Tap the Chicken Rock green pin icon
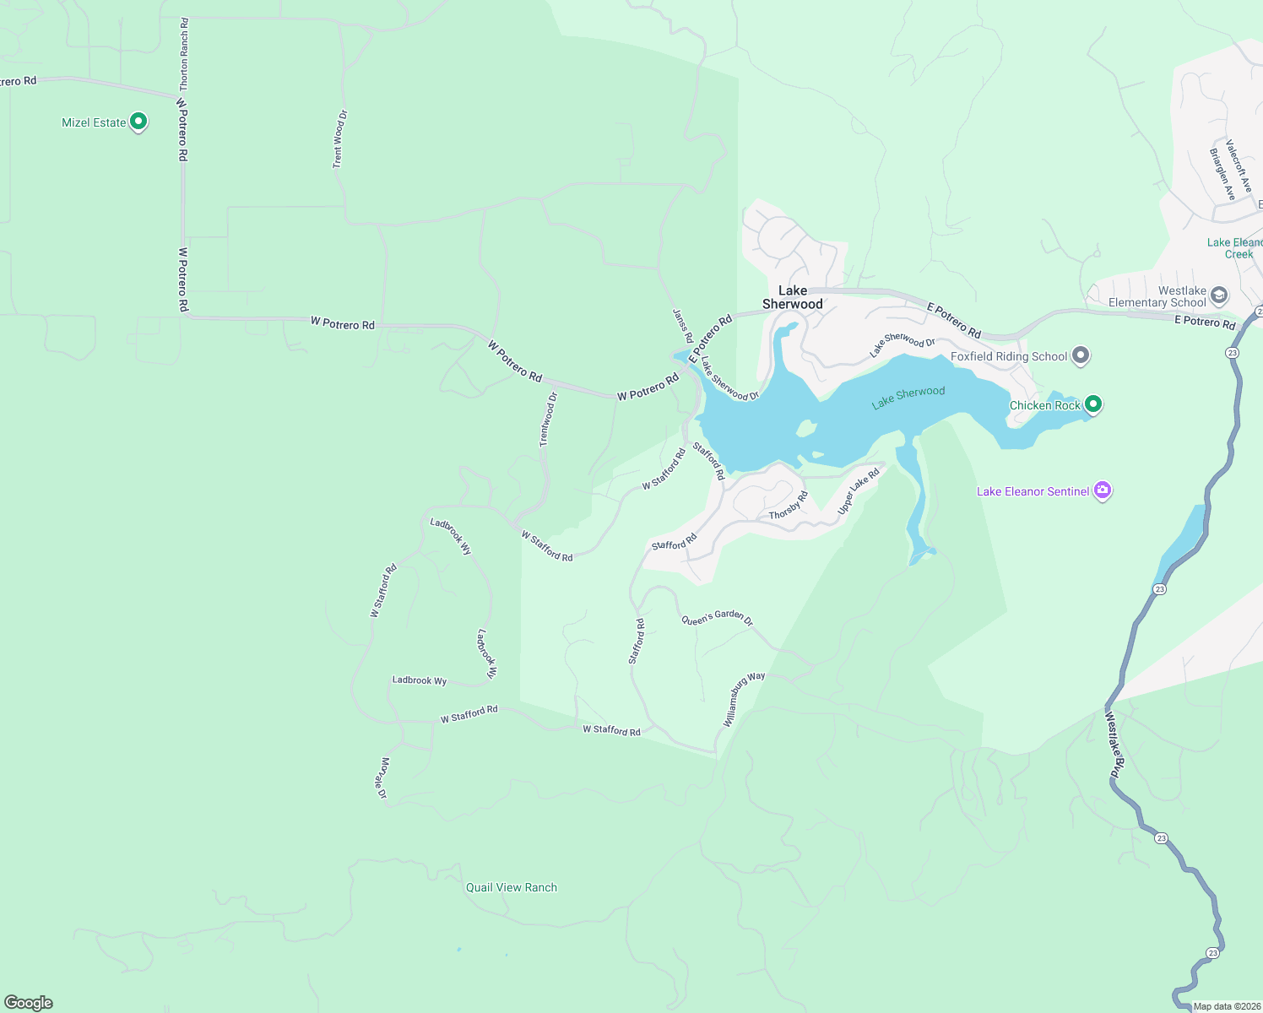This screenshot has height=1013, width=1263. click(1093, 404)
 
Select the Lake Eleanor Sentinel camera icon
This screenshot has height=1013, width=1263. click(1102, 490)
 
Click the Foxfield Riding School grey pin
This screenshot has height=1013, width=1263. click(1081, 356)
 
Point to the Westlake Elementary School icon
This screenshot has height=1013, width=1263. click(1218, 295)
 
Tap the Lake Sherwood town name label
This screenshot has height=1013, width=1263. click(792, 297)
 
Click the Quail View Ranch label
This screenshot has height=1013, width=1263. click(512, 887)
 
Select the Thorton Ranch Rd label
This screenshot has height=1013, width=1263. click(184, 55)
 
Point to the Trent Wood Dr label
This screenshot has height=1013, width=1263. click(339, 139)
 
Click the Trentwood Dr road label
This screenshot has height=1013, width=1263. click(549, 420)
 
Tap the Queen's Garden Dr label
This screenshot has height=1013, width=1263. click(717, 618)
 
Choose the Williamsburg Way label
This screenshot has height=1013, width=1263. click(743, 698)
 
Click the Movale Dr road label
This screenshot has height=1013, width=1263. click(382, 778)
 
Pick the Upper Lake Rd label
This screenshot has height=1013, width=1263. click(858, 491)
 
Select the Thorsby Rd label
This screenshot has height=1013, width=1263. click(789, 506)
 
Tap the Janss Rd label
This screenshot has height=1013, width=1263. click(682, 326)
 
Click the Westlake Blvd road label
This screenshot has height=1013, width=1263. click(1115, 744)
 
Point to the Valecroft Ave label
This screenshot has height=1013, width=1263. click(1239, 166)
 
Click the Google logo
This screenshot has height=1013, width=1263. click(29, 1003)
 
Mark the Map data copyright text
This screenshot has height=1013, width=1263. click(1226, 1006)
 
